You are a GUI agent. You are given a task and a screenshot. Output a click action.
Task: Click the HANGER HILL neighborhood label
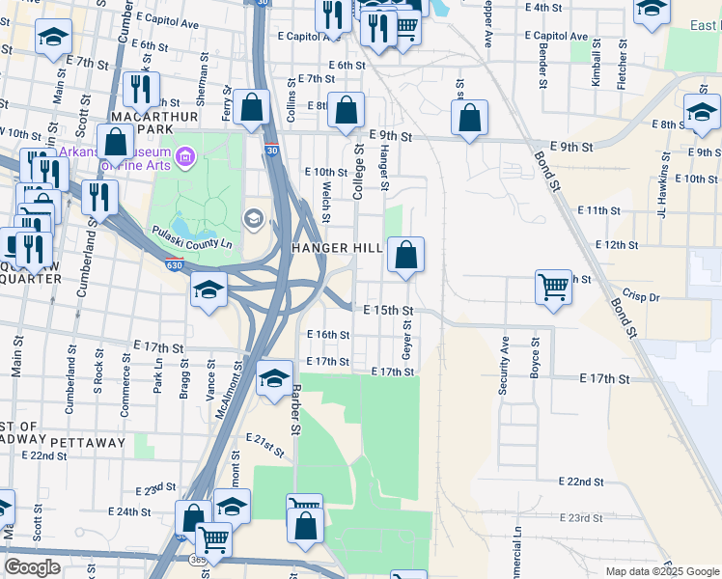pos(336,248)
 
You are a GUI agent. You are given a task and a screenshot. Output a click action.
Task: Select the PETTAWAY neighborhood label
pos(88,442)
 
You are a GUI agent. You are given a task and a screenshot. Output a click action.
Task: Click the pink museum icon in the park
pos(185,155)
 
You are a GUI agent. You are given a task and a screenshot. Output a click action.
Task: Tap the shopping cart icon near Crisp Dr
pos(553,286)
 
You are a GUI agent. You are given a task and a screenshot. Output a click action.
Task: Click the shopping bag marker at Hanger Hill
pos(406,256)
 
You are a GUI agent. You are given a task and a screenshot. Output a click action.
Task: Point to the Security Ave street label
pos(503,365)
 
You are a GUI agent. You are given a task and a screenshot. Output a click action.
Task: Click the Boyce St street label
pos(534,358)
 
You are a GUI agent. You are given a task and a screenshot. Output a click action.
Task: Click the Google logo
pos(32,566)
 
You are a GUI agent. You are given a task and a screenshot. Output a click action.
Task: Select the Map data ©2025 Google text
pos(661,571)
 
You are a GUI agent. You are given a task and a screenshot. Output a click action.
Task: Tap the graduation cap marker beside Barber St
pos(274,378)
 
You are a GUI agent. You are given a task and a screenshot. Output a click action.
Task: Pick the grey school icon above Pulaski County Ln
pos(254,218)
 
